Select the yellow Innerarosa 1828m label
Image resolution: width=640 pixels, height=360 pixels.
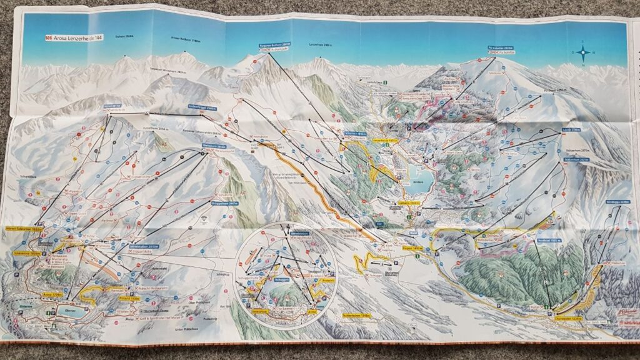pyautogui.click(x=27, y=254)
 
